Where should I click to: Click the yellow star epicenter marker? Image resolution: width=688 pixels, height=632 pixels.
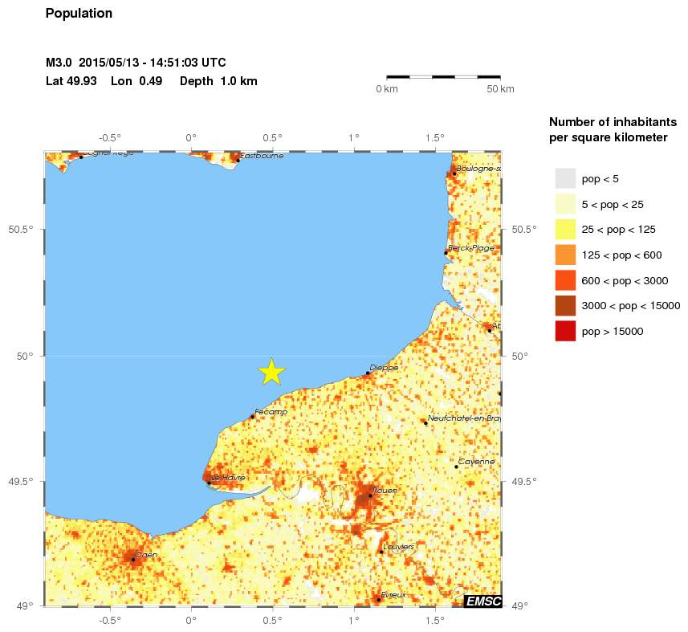[x=272, y=371]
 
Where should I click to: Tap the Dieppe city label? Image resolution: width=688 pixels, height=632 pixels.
[x=384, y=367]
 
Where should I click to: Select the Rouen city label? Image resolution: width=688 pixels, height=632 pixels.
[x=385, y=489]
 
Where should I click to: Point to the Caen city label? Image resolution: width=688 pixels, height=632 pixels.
[x=147, y=554]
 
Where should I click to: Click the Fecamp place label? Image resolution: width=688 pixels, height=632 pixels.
[x=271, y=411]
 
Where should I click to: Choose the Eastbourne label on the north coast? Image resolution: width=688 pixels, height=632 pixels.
[x=262, y=155]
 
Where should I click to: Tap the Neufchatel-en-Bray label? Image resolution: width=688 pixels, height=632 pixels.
[x=464, y=418]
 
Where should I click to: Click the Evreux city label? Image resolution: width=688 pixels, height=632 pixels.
[x=394, y=594]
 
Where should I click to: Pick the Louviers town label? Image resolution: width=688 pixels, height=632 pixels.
[x=399, y=546]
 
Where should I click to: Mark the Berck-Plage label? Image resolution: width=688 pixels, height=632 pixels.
[x=472, y=248]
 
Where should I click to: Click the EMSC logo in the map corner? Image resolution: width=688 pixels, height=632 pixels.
[x=482, y=600]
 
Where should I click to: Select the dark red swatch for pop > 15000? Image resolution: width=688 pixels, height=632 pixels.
[x=565, y=331]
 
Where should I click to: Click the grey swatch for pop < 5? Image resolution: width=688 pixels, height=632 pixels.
[x=565, y=177]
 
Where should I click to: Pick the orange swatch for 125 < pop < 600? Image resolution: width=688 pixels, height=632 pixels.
[x=565, y=255]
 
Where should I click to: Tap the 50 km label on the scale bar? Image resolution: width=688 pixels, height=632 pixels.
[x=501, y=88]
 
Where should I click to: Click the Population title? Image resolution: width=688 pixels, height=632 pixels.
[x=79, y=14]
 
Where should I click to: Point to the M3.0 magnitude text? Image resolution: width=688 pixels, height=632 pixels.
[x=61, y=63]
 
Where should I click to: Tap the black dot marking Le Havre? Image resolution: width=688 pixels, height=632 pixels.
[x=209, y=483]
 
